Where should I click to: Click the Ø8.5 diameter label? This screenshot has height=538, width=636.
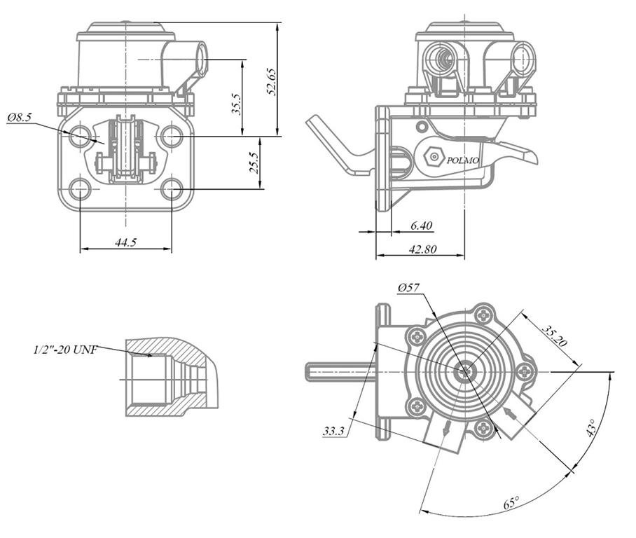(20, 118)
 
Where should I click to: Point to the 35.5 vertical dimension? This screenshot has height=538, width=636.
(237, 104)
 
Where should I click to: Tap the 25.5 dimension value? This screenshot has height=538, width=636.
(254, 163)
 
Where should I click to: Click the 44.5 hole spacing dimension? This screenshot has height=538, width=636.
(125, 242)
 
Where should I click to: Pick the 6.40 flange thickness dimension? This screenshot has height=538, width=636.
(422, 225)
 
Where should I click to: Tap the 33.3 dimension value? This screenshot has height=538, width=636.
(333, 432)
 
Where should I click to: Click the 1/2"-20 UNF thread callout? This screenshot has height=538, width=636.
(65, 349)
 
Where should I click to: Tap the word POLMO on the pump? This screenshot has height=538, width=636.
(463, 160)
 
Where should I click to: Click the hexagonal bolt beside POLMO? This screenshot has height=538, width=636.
(434, 158)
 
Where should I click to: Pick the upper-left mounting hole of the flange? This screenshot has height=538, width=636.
(81, 135)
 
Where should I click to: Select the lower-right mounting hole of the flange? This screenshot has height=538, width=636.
(171, 188)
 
